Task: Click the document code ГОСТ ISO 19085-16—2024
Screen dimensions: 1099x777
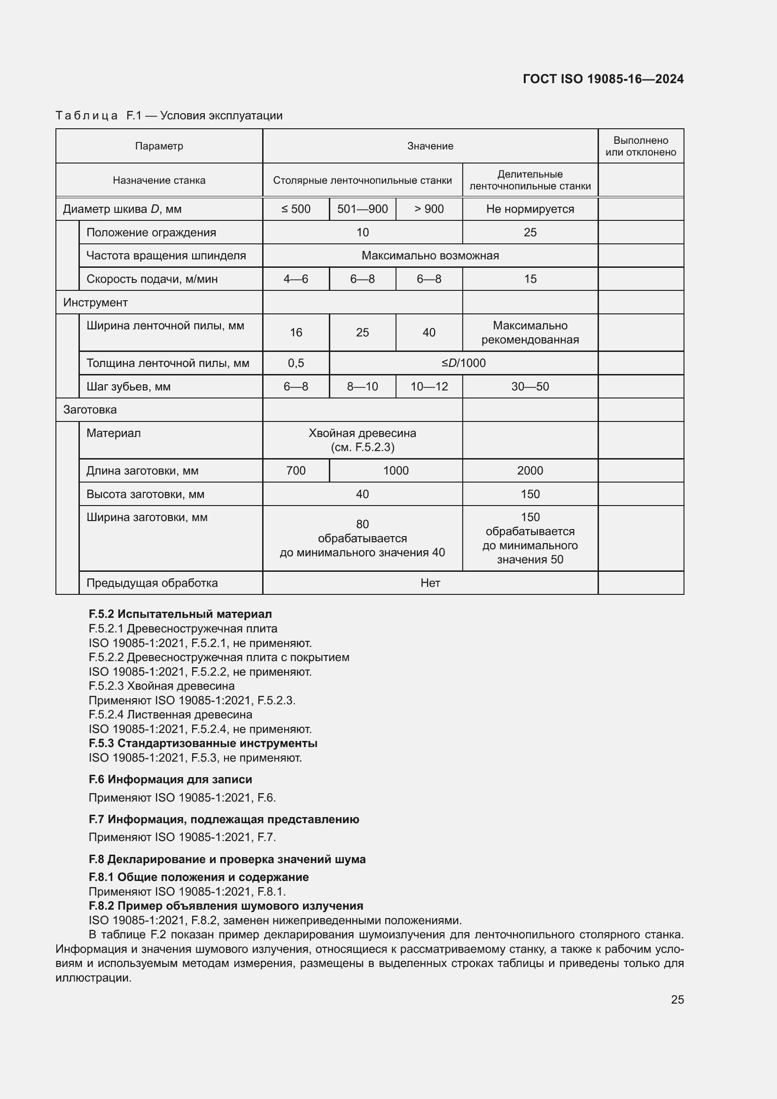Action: point(603,79)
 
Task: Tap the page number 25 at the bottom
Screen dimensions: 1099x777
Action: point(677,999)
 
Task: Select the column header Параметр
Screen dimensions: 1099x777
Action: point(159,146)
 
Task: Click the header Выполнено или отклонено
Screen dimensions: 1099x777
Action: point(641,146)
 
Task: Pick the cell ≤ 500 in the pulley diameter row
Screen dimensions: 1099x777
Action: point(295,209)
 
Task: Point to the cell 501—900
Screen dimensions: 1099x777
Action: point(362,209)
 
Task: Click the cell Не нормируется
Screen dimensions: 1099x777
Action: point(529,209)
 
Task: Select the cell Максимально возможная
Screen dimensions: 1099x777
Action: point(430,256)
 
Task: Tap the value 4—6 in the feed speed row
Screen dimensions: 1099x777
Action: point(295,279)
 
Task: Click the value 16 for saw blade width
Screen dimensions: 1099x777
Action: point(295,333)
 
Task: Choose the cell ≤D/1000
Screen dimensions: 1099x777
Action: point(463,363)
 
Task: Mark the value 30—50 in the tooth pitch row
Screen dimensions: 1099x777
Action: point(529,387)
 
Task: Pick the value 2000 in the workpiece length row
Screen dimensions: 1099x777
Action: point(529,471)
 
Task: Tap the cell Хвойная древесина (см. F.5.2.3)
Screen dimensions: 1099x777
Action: point(362,440)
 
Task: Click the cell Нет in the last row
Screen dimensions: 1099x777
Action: point(430,583)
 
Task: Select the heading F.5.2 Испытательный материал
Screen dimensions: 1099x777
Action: point(180,614)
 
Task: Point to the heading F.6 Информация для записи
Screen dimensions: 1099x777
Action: point(170,779)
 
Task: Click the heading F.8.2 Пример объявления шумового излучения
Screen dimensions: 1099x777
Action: point(226,905)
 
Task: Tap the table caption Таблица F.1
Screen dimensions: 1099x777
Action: point(169,116)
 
